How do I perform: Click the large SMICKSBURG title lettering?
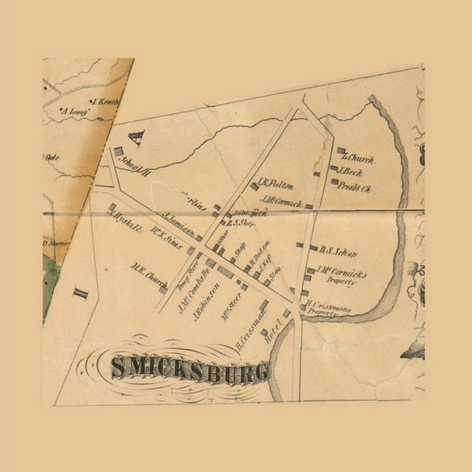coord(189,368)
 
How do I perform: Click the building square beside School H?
coord(119,150)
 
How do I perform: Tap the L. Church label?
coord(357,159)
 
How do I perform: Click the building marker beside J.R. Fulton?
coord(255,186)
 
